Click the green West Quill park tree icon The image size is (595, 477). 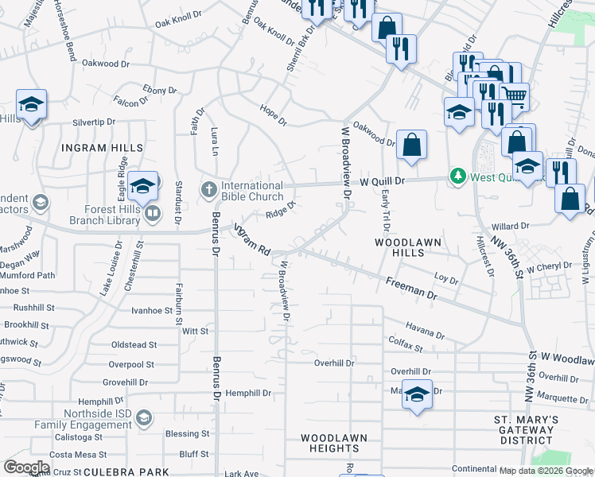point(457,175)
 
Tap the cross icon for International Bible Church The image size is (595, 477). point(208,188)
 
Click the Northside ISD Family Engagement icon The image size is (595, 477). point(143,417)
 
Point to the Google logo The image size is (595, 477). point(26,467)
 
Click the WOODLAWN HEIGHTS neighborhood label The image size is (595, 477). point(333,444)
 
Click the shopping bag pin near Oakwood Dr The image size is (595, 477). point(410,146)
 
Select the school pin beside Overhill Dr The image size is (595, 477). point(417,395)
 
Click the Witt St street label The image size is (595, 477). point(195,330)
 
